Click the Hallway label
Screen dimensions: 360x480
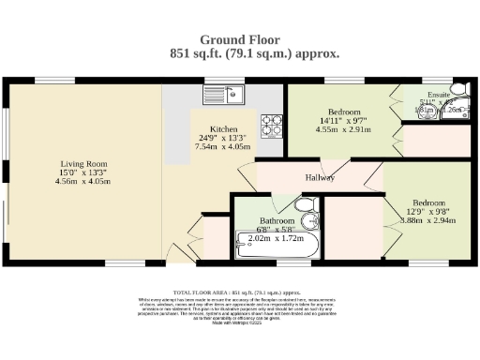321,177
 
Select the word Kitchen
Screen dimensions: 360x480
223,128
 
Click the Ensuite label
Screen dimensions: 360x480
438,95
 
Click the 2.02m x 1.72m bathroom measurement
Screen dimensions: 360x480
277,240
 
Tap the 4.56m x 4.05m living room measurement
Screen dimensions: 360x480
82,181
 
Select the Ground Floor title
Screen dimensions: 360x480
241,40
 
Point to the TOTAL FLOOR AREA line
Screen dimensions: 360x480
240,292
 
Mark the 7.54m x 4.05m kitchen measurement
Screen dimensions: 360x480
223,147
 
